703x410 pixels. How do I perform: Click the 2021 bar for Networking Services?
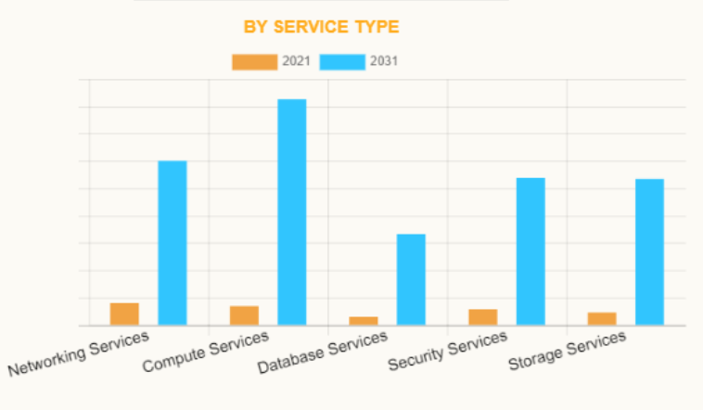[x=124, y=314]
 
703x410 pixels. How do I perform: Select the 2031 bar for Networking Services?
[x=173, y=243]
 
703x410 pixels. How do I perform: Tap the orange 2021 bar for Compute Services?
[x=244, y=315]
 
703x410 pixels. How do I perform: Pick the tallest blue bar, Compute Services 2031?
[x=292, y=212]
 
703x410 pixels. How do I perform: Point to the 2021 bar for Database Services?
[x=364, y=321]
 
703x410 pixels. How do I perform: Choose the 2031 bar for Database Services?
[x=411, y=279]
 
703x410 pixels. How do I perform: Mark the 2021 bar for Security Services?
[x=482, y=317]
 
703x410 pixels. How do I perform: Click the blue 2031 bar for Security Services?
[x=530, y=251]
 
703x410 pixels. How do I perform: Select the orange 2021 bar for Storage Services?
[x=602, y=319]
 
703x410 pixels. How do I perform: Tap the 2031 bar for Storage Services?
[x=649, y=252]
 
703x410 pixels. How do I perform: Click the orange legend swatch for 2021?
[x=254, y=62]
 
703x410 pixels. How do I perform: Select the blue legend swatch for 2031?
[x=342, y=62]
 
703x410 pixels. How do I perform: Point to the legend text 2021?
[x=296, y=62]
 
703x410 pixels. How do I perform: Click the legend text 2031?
[x=384, y=62]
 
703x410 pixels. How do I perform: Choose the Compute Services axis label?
[x=206, y=352]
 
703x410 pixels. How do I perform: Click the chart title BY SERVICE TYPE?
[x=321, y=27]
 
